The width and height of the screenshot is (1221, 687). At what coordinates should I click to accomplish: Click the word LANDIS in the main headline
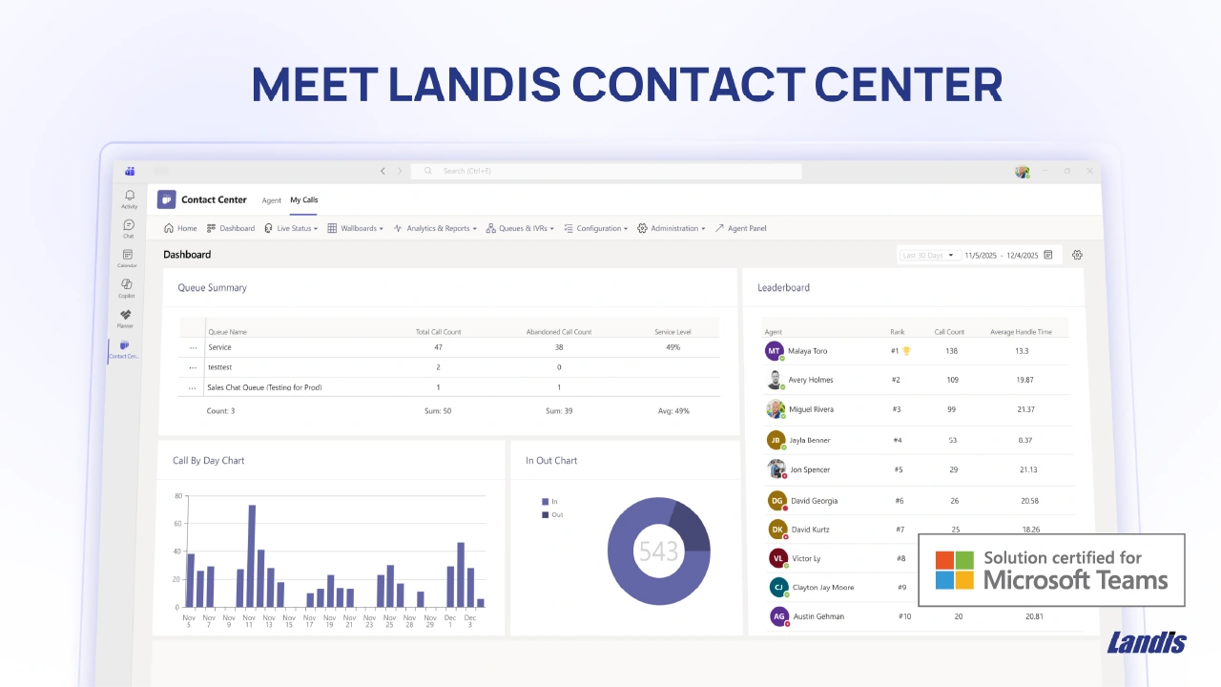[x=474, y=84]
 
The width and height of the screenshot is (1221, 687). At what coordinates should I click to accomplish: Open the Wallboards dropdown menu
[x=356, y=229]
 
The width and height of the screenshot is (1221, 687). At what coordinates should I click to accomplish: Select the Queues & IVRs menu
[x=520, y=229]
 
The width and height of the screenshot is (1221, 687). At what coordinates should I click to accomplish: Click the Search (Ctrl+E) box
[x=607, y=171]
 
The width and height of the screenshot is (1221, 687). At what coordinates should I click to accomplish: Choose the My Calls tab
[x=304, y=200]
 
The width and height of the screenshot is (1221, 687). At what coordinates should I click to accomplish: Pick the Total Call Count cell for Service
[x=438, y=347]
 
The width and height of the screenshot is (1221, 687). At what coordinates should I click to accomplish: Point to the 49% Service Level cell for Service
[x=673, y=347]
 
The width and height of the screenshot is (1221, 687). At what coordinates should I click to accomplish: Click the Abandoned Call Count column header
[x=559, y=332]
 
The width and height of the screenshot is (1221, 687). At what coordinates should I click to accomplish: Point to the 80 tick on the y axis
[x=177, y=496]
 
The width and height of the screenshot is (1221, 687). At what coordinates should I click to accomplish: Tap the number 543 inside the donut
[x=658, y=552]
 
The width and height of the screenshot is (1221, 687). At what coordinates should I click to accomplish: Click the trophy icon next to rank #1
[x=906, y=350]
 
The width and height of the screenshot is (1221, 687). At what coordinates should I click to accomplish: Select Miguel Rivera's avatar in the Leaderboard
[x=776, y=409]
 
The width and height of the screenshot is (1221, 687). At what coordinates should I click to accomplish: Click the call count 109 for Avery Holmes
[x=951, y=380]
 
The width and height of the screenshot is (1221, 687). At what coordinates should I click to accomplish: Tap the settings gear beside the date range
[x=1077, y=255]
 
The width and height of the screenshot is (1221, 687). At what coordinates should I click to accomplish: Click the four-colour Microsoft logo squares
[x=954, y=570]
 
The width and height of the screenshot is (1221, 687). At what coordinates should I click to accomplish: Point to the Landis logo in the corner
[x=1146, y=643]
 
